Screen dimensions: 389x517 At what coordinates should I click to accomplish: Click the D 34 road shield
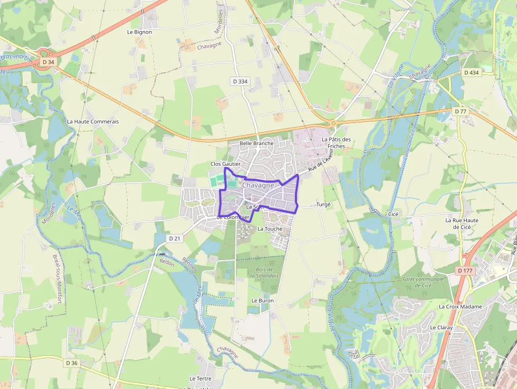point(47,62)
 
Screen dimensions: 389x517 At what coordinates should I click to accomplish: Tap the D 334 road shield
point(240,81)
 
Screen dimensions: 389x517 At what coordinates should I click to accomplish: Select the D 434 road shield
point(472,72)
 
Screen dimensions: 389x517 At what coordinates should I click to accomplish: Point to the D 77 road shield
point(461,111)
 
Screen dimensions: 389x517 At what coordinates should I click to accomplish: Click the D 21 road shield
point(175,239)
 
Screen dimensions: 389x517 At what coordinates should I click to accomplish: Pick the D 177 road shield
point(465,271)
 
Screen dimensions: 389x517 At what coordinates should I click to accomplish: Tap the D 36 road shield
point(72,363)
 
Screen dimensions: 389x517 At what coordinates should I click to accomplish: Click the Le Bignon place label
point(139,32)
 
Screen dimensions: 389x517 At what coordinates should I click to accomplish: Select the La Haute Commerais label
point(93,121)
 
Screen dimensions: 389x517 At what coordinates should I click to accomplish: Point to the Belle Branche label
point(256,143)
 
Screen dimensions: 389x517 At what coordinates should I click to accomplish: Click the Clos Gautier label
point(225,164)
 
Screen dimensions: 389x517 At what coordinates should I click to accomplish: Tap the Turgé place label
point(323,204)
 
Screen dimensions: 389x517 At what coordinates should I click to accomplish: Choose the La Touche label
point(270,229)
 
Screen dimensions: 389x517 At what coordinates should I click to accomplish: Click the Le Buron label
point(263,300)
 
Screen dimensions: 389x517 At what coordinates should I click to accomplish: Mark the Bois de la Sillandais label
point(264,272)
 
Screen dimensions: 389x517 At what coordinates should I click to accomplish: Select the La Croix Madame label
point(460,307)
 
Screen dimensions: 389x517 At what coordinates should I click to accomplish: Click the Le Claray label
point(441,328)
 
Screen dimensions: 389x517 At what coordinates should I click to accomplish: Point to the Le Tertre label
point(200,379)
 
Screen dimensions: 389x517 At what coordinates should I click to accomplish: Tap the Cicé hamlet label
point(394,214)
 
